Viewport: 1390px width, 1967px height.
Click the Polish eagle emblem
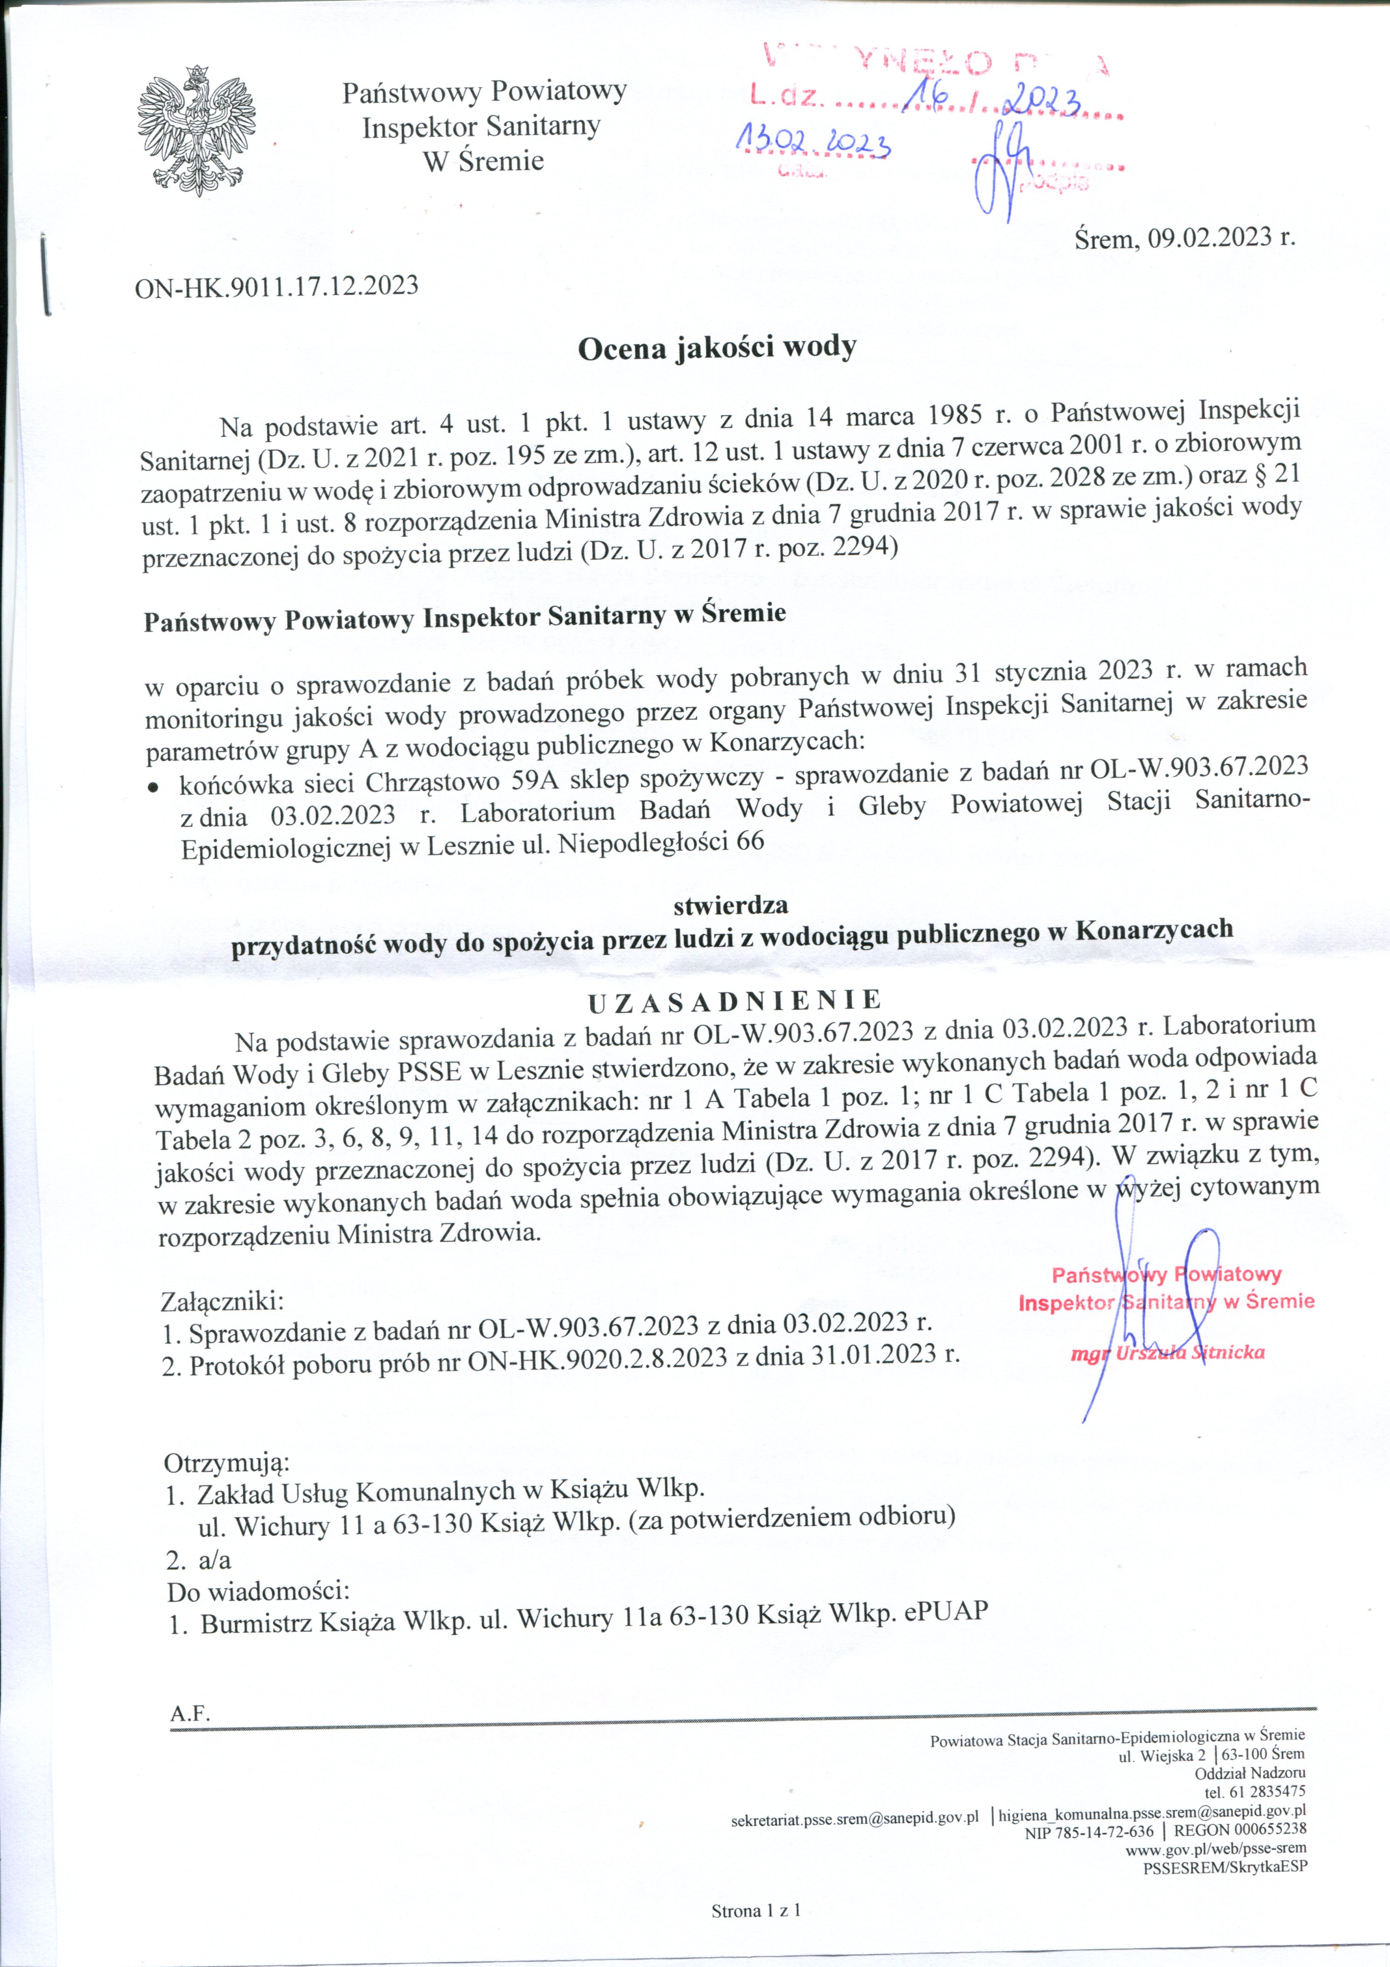coord(196,130)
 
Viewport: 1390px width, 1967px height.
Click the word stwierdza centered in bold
coord(731,905)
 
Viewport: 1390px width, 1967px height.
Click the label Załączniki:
coord(222,1302)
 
